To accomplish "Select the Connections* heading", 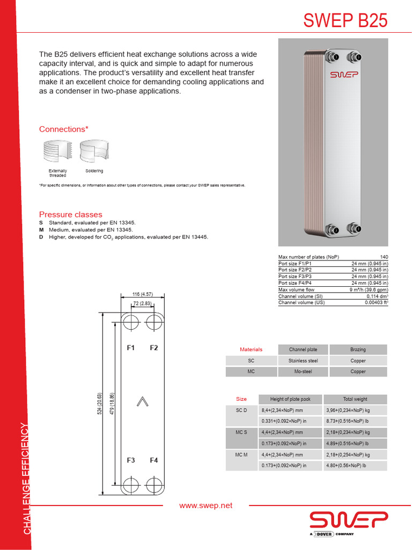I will tap(63, 129).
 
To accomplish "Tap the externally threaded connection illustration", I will tap(57, 151).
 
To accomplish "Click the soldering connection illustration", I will tap(94, 151).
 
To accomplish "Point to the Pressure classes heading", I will tap(70, 214).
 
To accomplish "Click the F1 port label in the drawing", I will tap(130, 348).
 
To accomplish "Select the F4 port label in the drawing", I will tap(154, 460).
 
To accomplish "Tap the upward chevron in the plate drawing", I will tap(142, 401).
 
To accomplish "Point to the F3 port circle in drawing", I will tap(130, 483).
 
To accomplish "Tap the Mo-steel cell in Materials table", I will tap(303, 372).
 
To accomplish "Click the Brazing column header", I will tap(358, 350).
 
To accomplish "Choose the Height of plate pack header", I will tap(290, 399).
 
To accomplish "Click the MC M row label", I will tap(241, 455).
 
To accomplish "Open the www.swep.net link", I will tap(206, 505).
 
